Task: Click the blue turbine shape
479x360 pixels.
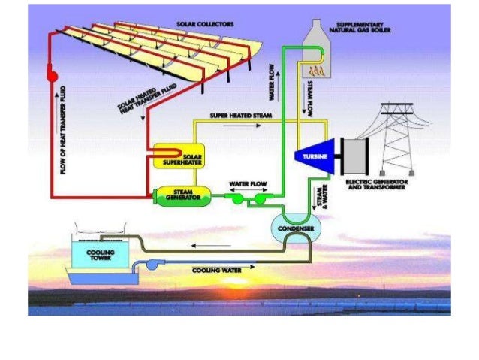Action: coord(312,156)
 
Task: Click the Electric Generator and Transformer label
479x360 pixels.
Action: coord(375,185)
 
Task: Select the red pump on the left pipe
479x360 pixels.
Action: coord(53,74)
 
